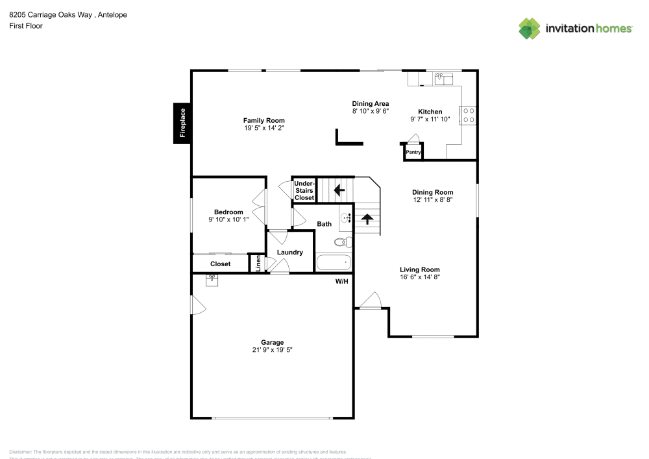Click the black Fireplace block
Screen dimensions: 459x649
(x=182, y=123)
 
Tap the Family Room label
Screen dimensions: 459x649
(x=263, y=121)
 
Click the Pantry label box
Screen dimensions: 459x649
(x=413, y=153)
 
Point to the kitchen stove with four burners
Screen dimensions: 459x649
(x=468, y=115)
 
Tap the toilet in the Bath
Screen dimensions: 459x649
(x=343, y=242)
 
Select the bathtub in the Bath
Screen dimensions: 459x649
(x=334, y=263)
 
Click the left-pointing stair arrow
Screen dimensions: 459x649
(x=338, y=190)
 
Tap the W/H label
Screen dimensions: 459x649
(x=341, y=282)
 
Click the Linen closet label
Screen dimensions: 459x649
(x=258, y=264)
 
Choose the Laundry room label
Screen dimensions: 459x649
(x=289, y=252)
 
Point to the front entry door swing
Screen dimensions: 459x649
(x=371, y=301)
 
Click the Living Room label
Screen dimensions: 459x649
(x=419, y=269)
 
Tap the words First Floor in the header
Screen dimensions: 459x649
(x=26, y=26)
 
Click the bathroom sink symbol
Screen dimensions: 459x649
(x=345, y=217)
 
